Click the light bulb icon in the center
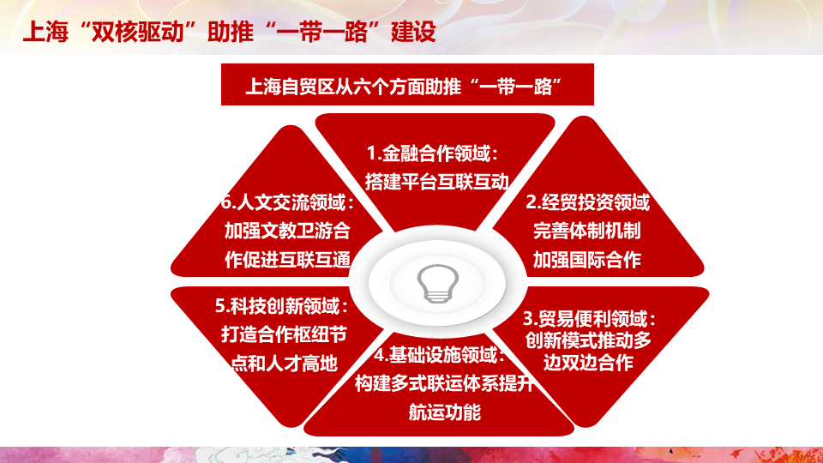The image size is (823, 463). click(438, 284)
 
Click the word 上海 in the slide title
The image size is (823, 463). click(45, 32)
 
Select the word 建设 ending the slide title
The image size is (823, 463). click(413, 32)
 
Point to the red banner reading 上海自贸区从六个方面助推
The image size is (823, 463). click(407, 85)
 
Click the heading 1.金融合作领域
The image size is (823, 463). click(432, 153)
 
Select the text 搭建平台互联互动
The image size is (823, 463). click(436, 182)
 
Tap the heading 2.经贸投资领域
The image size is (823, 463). click(588, 202)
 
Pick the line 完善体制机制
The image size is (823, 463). click(586, 231)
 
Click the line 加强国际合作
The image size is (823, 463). click(586, 259)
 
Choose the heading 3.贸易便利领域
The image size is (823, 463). click(589, 318)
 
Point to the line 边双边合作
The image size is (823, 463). click(588, 362)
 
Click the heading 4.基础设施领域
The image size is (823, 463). click(439, 355)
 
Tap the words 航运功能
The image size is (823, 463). click(445, 412)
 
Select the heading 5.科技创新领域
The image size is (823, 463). click(281, 306)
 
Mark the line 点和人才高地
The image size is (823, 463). click(284, 364)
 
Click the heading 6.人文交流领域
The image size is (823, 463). click(287, 202)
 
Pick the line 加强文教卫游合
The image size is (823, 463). click(287, 231)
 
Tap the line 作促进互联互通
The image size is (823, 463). click(287, 259)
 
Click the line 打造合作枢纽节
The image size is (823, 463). click(284, 334)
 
